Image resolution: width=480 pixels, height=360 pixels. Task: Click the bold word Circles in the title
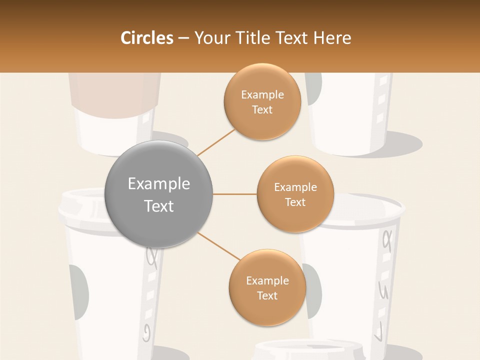click(x=147, y=38)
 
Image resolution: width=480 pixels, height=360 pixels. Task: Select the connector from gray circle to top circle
click(x=215, y=141)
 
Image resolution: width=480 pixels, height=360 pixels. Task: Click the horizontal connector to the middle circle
click(x=234, y=194)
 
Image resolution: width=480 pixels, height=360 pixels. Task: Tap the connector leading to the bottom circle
click(x=218, y=245)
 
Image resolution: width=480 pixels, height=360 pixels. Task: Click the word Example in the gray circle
click(x=158, y=184)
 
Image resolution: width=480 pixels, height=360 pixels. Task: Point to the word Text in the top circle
click(x=262, y=110)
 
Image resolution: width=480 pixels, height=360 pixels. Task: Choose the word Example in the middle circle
click(x=295, y=187)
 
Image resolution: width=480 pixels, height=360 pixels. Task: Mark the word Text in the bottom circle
click(x=267, y=295)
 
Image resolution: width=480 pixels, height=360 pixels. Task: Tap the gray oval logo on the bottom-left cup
click(x=79, y=292)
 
